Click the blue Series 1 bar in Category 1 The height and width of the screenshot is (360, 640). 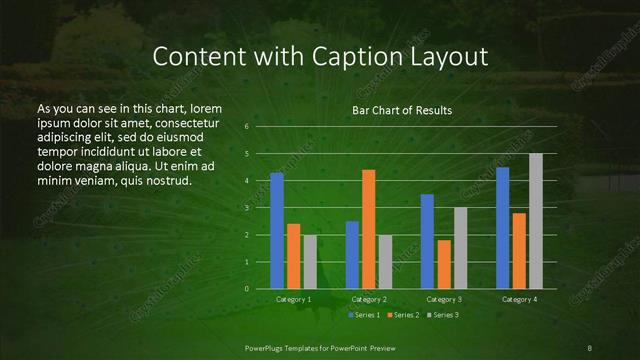[277, 230]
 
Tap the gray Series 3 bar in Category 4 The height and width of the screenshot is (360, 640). [536, 220]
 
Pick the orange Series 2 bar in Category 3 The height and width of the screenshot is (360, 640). [444, 263]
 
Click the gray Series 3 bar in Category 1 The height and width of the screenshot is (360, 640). [310, 261]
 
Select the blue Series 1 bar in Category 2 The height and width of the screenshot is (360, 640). [352, 254]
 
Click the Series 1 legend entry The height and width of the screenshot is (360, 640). [364, 315]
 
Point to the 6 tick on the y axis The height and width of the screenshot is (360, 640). [247, 127]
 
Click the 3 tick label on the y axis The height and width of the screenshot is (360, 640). [247, 208]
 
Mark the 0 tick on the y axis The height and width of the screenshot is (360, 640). [247, 288]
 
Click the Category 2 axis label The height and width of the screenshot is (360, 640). [369, 299]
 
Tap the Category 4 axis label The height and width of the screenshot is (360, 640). [519, 299]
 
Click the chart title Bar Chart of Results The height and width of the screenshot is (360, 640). [402, 110]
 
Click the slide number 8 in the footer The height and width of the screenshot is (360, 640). [590, 347]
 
